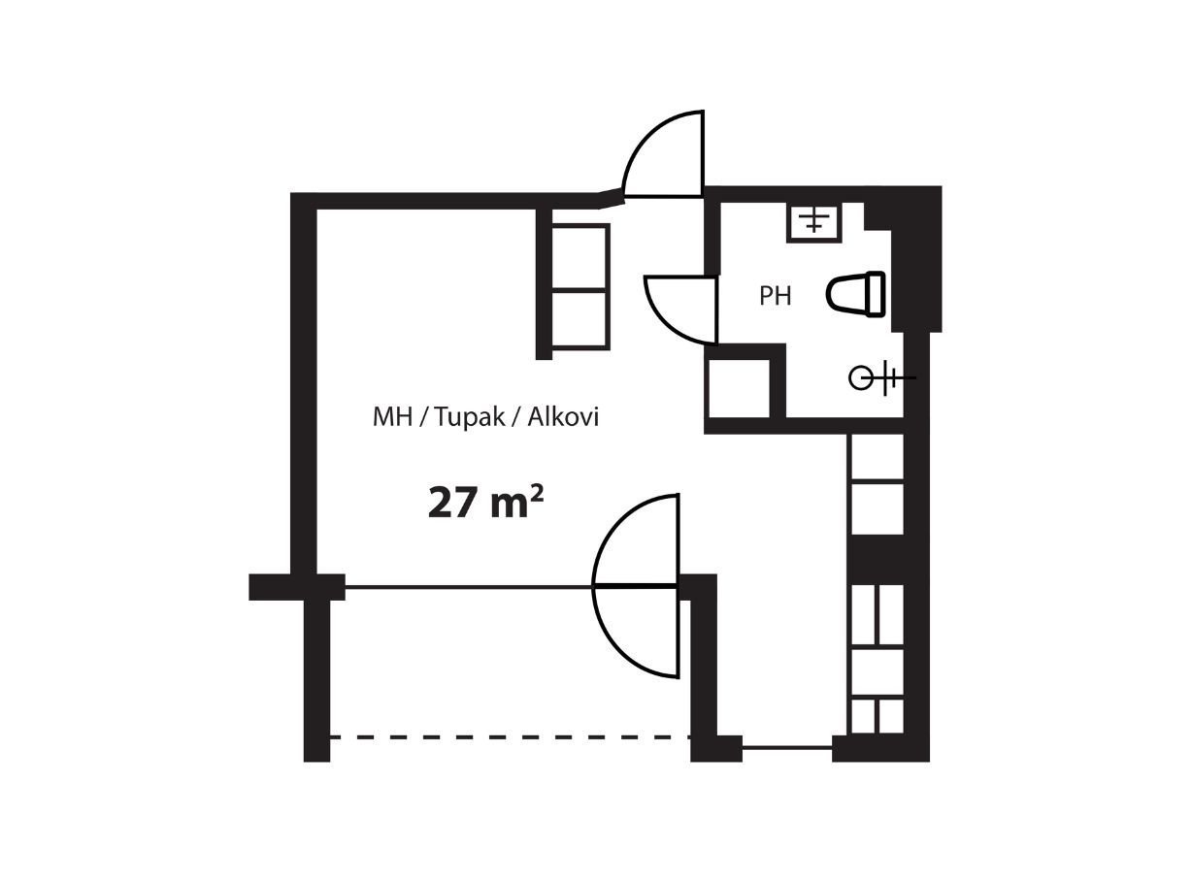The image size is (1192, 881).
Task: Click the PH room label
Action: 775,296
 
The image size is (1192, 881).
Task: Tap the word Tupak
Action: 470,417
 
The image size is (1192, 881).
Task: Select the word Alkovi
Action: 563,417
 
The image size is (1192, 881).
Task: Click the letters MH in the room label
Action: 392,417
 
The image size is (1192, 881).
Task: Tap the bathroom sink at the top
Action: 813,222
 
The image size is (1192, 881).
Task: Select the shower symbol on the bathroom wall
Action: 881,378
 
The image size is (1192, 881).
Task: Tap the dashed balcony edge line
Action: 510,737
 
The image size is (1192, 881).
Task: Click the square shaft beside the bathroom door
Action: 739,388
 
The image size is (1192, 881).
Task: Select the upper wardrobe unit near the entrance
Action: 580,257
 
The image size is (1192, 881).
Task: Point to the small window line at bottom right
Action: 787,747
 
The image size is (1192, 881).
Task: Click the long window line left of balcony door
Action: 469,587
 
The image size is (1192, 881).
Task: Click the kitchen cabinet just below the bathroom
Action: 876,458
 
